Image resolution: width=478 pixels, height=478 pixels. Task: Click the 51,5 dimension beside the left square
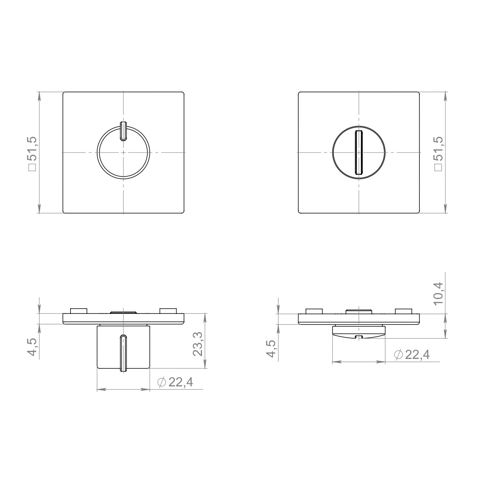33,153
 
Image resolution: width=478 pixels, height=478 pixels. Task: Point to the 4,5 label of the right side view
272,349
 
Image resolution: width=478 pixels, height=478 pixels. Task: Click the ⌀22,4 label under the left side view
175,383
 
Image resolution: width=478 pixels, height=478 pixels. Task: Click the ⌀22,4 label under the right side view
411,355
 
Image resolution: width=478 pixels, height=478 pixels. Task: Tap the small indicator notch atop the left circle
123,131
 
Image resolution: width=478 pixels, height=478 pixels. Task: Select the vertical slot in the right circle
358,153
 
